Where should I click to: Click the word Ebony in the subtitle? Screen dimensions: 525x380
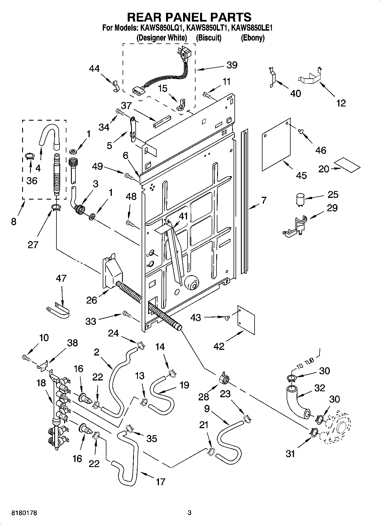tap(253, 38)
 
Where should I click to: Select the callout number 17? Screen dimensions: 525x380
tap(160, 482)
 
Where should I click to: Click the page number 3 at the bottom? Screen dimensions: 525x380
tap(190, 513)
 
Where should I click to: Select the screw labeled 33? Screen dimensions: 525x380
tap(126, 314)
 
